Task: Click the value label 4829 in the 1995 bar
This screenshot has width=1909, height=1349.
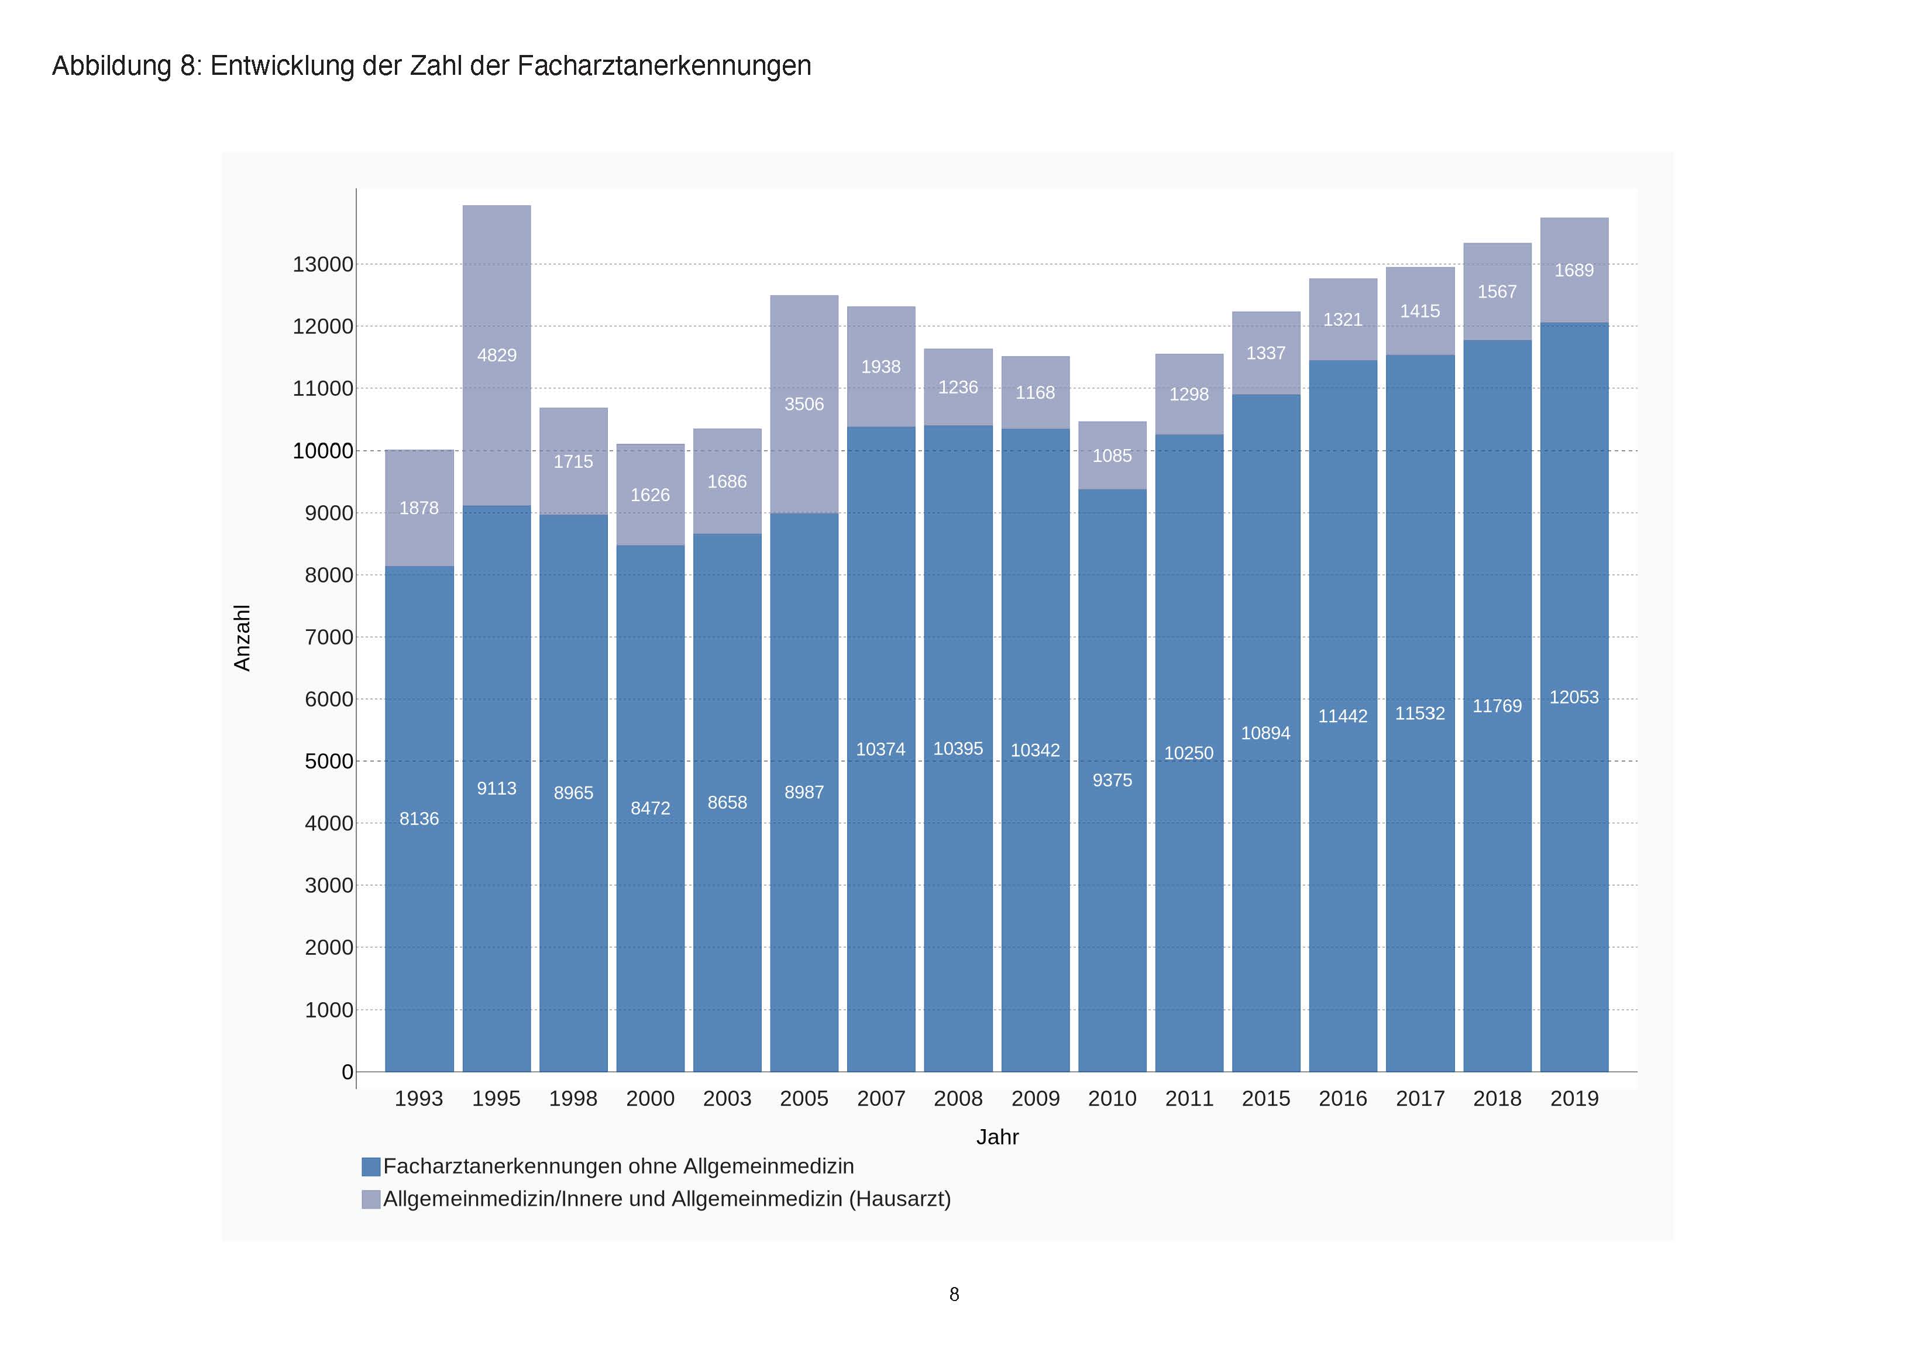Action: click(x=496, y=356)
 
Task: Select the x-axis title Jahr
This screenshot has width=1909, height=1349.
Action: click(x=997, y=1137)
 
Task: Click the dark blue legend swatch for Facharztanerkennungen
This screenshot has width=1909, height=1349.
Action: click(x=371, y=1167)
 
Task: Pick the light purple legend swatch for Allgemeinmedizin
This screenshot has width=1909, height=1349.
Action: click(x=371, y=1199)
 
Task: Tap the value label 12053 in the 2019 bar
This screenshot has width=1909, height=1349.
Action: click(x=1574, y=698)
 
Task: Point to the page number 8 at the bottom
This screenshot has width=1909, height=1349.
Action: click(x=954, y=1294)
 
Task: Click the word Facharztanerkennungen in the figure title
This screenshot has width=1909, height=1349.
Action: click(x=663, y=65)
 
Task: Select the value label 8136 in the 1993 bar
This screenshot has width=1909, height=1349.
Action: click(x=419, y=819)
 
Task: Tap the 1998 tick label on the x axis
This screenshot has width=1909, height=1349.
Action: click(x=573, y=1099)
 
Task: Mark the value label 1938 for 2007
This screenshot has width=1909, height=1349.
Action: click(x=880, y=367)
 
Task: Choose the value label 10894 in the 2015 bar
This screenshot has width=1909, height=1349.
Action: click(x=1265, y=733)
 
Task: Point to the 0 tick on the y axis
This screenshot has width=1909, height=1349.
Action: click(x=348, y=1072)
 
